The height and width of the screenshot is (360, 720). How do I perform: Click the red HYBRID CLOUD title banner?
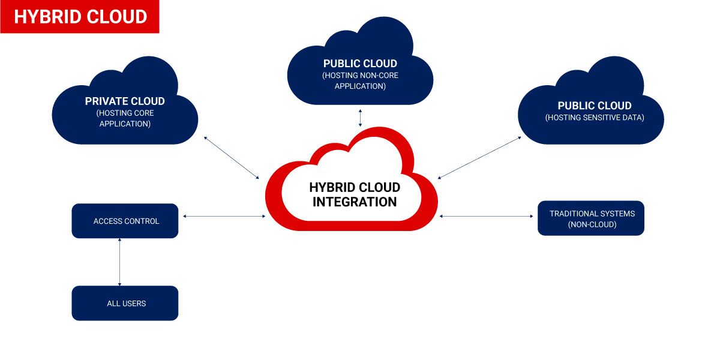(x=80, y=17)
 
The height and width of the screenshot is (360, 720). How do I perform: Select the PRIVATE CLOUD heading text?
(x=125, y=101)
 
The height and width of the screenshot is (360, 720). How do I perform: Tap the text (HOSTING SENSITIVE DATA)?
(x=595, y=118)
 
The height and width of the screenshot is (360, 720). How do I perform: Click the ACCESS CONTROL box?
(x=125, y=221)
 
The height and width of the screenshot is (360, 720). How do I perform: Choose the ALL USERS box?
(x=125, y=303)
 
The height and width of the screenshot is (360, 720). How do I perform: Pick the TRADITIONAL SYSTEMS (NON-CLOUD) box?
(x=591, y=218)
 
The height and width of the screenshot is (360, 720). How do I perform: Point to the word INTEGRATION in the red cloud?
(x=355, y=202)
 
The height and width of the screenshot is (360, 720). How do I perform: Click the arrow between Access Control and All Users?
(x=120, y=262)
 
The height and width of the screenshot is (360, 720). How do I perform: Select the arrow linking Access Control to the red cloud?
(x=224, y=216)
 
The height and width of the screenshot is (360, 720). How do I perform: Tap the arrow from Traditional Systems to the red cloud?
(x=487, y=216)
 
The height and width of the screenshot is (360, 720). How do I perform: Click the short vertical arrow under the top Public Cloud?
(x=360, y=118)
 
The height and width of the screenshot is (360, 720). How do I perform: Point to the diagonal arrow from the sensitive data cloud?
(x=480, y=157)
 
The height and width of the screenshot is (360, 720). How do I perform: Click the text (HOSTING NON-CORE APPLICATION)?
(x=360, y=80)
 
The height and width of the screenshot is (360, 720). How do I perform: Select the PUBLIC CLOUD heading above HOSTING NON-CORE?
(x=360, y=64)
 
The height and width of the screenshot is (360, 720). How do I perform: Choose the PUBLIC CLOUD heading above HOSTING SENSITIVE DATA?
(x=595, y=106)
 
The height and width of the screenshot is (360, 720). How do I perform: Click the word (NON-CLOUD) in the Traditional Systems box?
(x=592, y=224)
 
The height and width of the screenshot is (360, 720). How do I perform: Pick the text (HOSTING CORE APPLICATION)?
(x=125, y=118)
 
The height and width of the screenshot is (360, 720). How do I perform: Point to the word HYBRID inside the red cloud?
(x=332, y=187)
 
